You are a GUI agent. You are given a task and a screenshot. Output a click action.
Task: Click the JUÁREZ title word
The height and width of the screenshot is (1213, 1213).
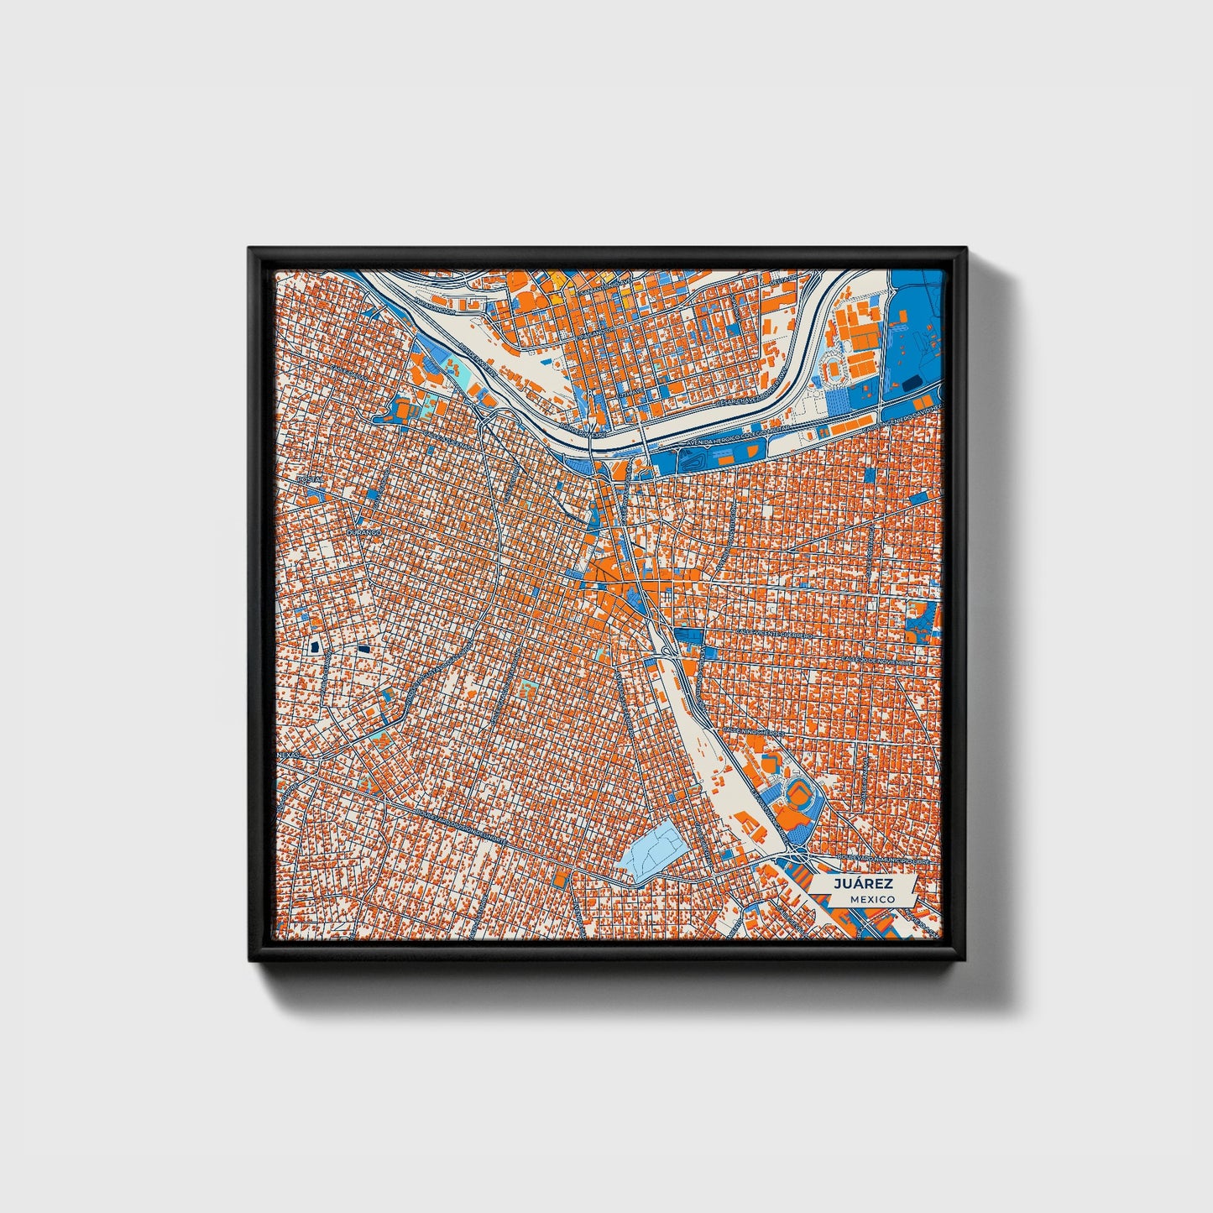pyautogui.click(x=862, y=884)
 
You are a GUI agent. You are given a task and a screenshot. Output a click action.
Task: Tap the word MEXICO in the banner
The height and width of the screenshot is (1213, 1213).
pyautogui.click(x=871, y=899)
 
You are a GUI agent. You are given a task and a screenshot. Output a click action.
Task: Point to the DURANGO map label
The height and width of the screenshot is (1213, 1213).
pyautogui.click(x=363, y=532)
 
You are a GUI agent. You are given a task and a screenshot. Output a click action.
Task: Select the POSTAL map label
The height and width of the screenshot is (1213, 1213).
pyautogui.click(x=310, y=479)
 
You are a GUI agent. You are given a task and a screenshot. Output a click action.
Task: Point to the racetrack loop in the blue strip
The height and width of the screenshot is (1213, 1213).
pyautogui.click(x=692, y=458)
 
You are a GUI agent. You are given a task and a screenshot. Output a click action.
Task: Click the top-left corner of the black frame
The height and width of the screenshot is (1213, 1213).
pyautogui.click(x=249, y=248)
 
